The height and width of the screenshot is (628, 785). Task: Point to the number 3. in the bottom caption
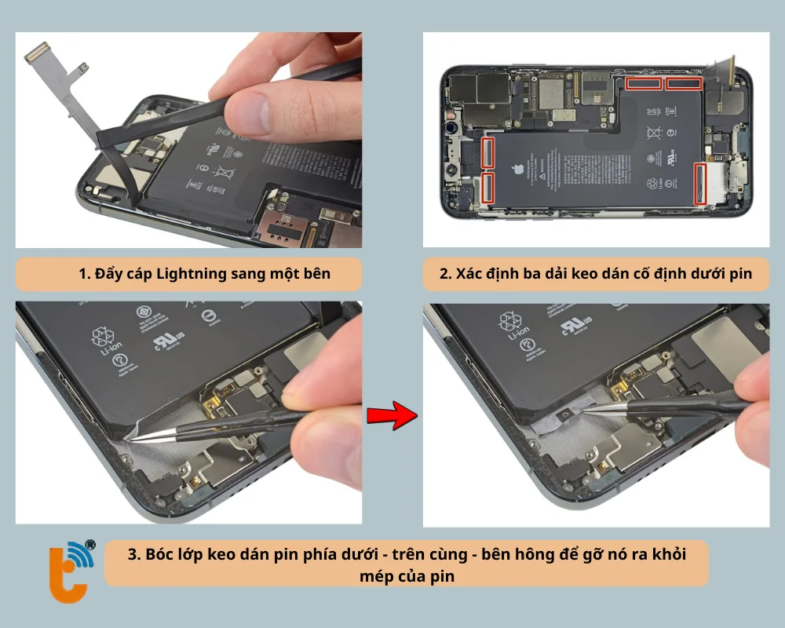[134, 554]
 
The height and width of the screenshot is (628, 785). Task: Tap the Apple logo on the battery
[517, 170]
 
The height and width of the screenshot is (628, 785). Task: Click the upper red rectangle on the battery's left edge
[487, 152]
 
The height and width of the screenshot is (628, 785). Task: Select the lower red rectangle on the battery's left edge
[487, 188]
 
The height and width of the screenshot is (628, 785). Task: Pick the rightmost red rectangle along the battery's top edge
[683, 83]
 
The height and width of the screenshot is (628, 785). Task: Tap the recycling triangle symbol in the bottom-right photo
[512, 322]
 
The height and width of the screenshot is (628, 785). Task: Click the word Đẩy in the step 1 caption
[109, 274]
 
